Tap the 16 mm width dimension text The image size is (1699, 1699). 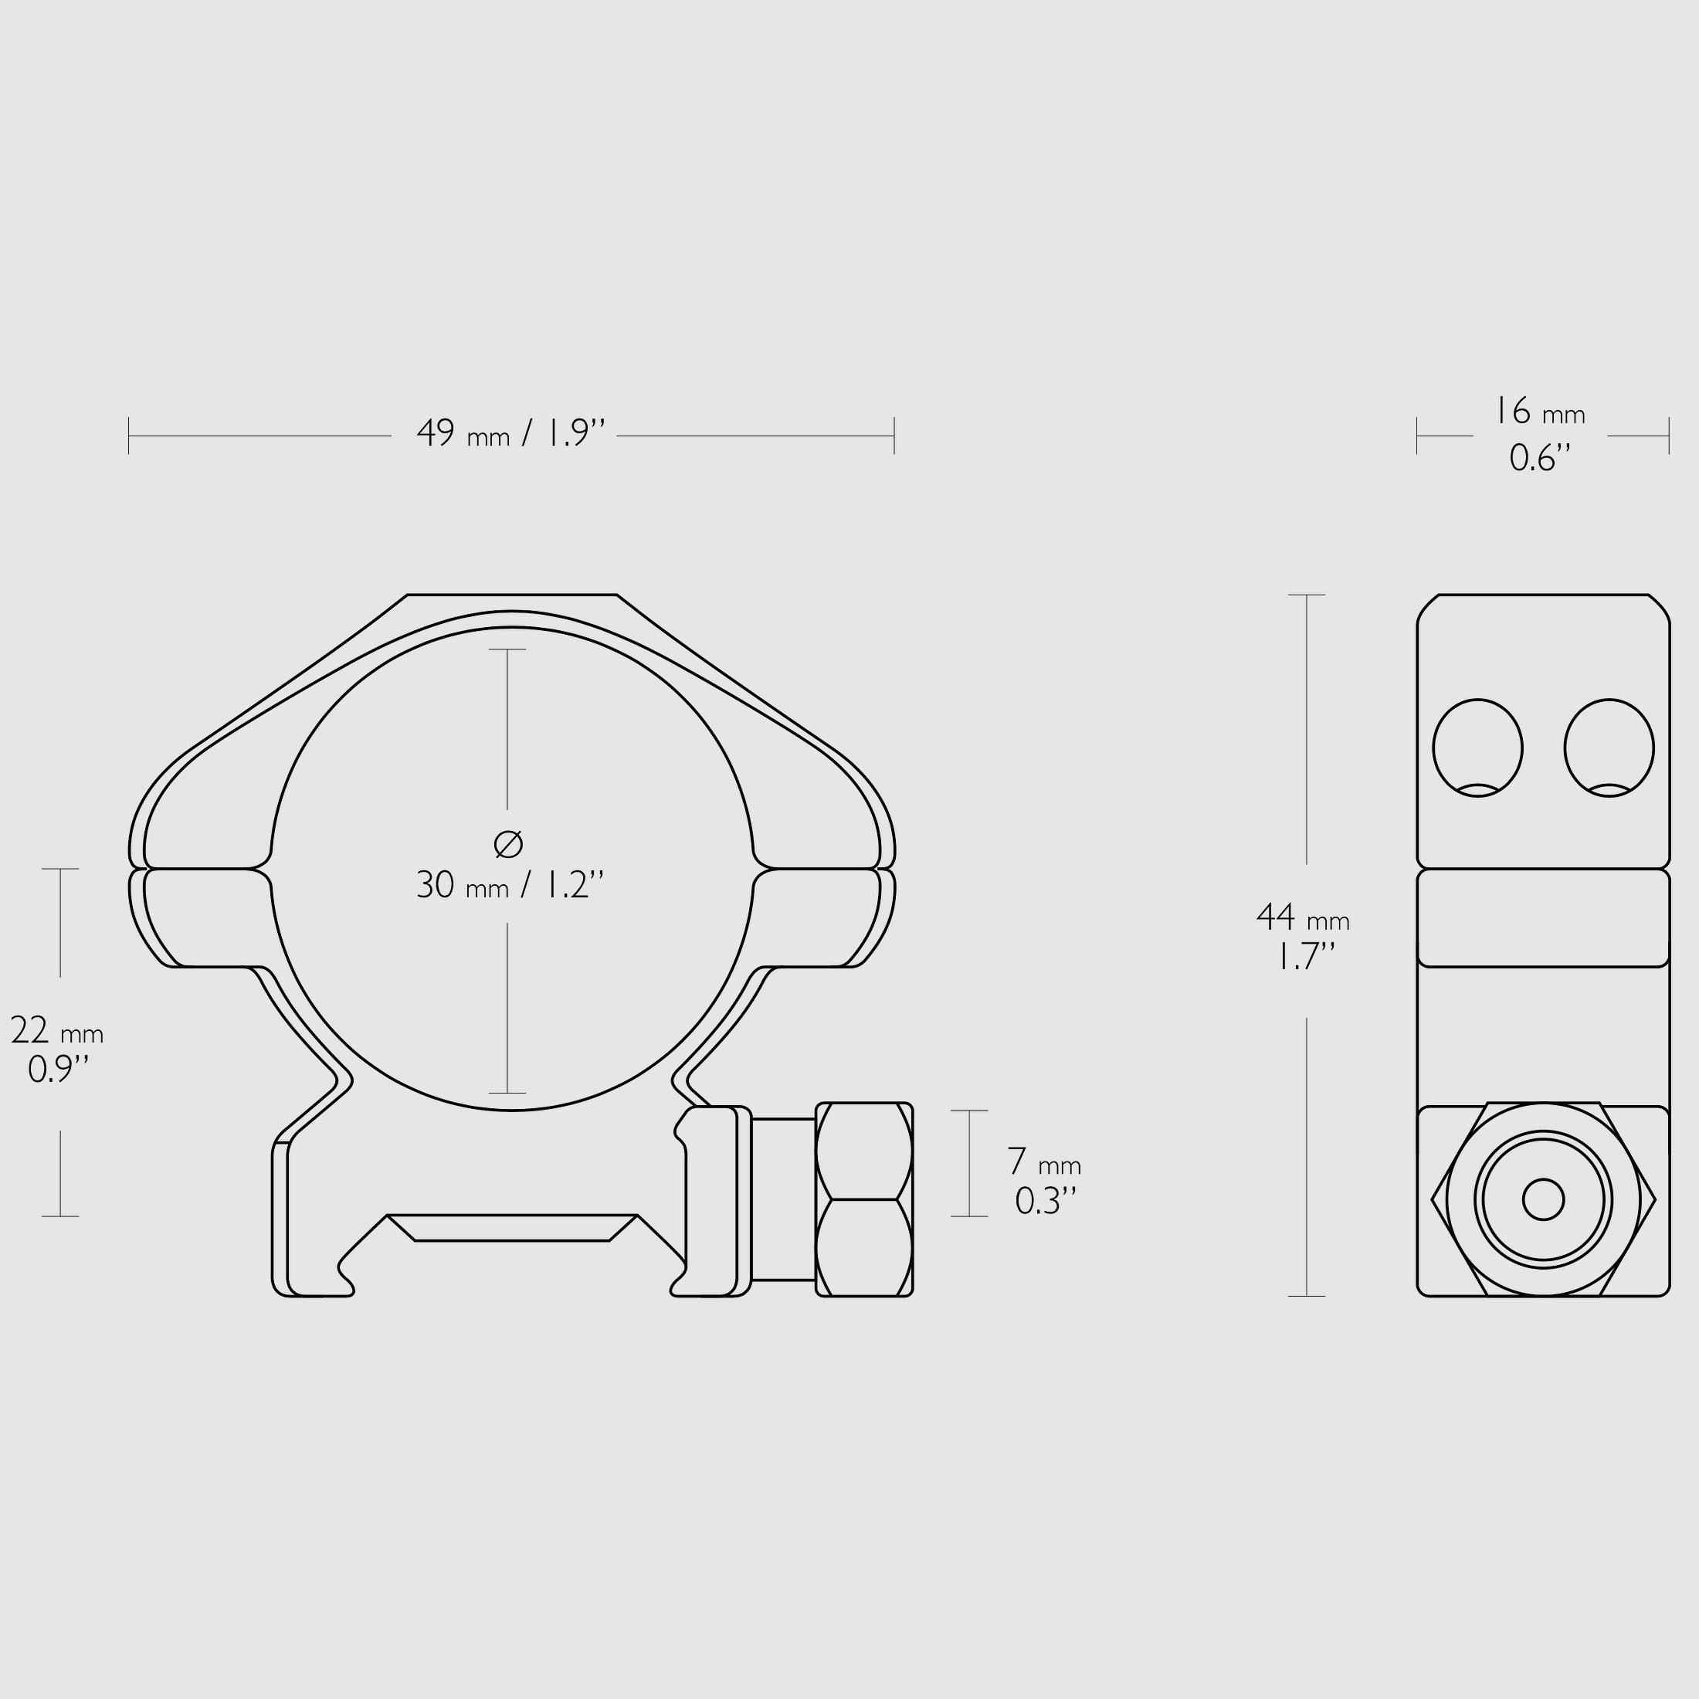(1540, 412)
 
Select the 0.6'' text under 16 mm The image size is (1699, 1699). (1540, 458)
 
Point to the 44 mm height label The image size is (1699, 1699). (1302, 918)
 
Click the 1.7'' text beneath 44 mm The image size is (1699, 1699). (1305, 957)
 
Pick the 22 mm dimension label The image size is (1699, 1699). (57, 1031)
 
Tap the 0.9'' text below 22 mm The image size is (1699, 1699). (58, 1070)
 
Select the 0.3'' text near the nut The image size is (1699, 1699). (1045, 1201)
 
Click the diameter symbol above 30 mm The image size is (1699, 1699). (508, 844)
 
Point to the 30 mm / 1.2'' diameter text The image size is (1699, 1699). (510, 885)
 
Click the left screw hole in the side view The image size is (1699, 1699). (1477, 748)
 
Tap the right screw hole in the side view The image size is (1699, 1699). (1609, 748)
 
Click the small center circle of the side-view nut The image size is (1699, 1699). (1542, 1200)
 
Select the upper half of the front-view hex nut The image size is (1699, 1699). (863, 1151)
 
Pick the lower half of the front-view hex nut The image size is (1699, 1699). (863, 1247)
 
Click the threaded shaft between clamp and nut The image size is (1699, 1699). (782, 1199)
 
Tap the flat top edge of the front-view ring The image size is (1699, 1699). (512, 595)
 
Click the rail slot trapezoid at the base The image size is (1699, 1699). (512, 1228)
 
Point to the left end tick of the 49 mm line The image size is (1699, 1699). (129, 436)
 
